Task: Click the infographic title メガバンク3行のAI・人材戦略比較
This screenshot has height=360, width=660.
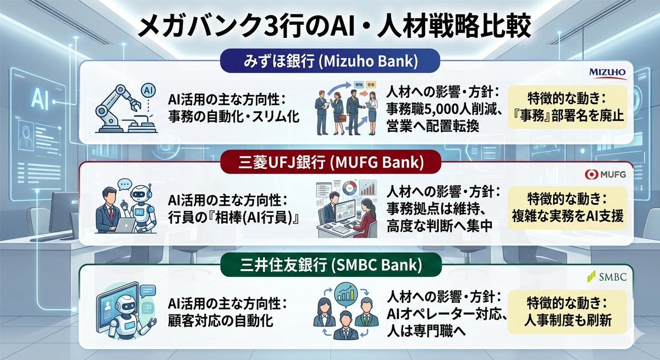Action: coord(330,26)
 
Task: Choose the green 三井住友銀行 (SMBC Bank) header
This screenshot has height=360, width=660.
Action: coord(329,266)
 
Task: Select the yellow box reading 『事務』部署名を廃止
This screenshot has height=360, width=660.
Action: coord(565,107)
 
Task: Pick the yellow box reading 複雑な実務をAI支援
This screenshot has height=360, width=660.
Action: coord(565,208)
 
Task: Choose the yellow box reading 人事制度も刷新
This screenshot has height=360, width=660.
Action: coord(565,311)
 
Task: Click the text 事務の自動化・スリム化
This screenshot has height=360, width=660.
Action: coord(234,117)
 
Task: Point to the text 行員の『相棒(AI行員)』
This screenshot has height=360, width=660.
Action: coord(234,218)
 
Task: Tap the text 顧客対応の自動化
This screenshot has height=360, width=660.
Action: coord(221,320)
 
